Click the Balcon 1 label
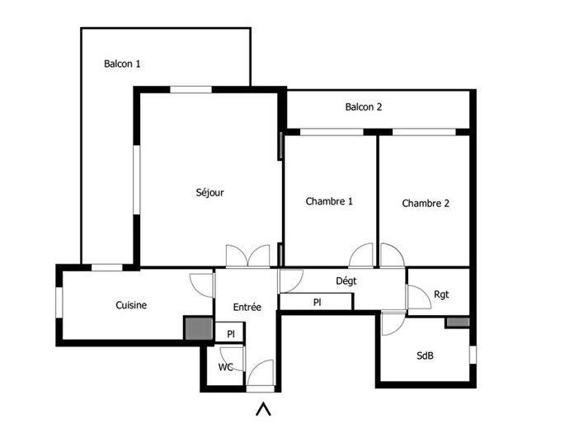pyautogui.click(x=122, y=64)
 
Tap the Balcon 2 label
pyautogui.click(x=364, y=106)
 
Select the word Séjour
pyautogui.click(x=209, y=192)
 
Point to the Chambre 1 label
pyautogui.click(x=329, y=201)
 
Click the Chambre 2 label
pyautogui.click(x=426, y=203)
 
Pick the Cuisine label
pyautogui.click(x=131, y=305)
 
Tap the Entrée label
pyautogui.click(x=247, y=307)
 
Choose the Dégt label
pyautogui.click(x=346, y=280)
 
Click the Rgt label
pyautogui.click(x=441, y=294)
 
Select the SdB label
pyautogui.click(x=426, y=356)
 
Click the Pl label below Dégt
pyautogui.click(x=317, y=303)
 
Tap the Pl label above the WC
pyautogui.click(x=232, y=334)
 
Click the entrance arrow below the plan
pyautogui.click(x=264, y=408)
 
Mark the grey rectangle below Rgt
pyautogui.click(x=458, y=322)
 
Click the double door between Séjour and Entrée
pyautogui.click(x=247, y=256)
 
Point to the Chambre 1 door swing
pyautogui.click(x=362, y=257)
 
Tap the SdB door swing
pyautogui.click(x=393, y=324)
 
